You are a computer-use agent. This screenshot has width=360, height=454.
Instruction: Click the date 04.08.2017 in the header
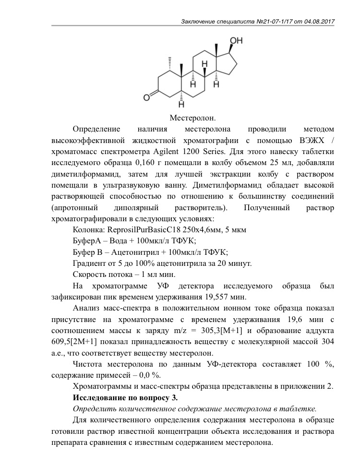click(319, 21)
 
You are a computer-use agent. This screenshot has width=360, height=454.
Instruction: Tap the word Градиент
click(89, 263)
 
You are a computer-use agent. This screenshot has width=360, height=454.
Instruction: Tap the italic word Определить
click(93, 409)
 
